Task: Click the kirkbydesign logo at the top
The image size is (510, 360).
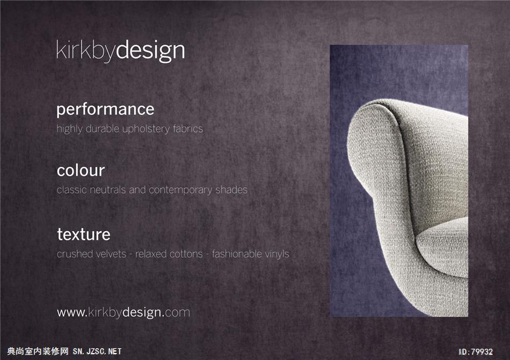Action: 120,51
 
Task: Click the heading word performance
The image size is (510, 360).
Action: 105,110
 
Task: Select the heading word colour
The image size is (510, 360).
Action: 81,171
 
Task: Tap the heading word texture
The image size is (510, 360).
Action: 84,234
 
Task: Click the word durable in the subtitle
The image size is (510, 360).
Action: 102,129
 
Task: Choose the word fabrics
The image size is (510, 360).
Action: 188,129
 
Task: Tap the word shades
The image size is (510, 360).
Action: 231,190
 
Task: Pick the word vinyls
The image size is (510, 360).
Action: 277,254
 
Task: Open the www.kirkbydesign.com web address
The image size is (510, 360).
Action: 123,313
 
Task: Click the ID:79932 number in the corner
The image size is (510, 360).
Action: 476,351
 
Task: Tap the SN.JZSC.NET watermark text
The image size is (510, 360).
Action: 97,351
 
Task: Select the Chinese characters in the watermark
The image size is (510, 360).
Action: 38,351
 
